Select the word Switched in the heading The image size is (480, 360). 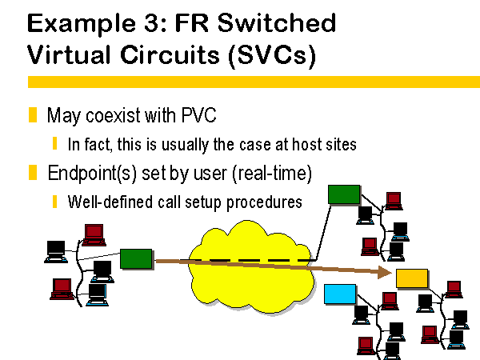click(277, 23)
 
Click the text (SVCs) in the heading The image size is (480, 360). click(272, 55)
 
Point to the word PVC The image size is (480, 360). click(199, 115)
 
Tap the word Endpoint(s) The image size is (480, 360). click(92, 174)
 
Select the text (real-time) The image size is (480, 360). click(272, 174)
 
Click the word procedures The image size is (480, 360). click(264, 202)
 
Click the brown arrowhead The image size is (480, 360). click(385, 272)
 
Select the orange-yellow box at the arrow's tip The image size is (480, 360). click(412, 278)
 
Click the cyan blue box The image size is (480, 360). click(340, 294)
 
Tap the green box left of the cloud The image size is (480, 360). click(136, 258)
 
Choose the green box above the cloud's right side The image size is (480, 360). click(344, 194)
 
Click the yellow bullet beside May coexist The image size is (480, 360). click(33, 114)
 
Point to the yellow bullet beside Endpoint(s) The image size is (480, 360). click(33, 172)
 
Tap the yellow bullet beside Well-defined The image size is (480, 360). click(54, 202)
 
